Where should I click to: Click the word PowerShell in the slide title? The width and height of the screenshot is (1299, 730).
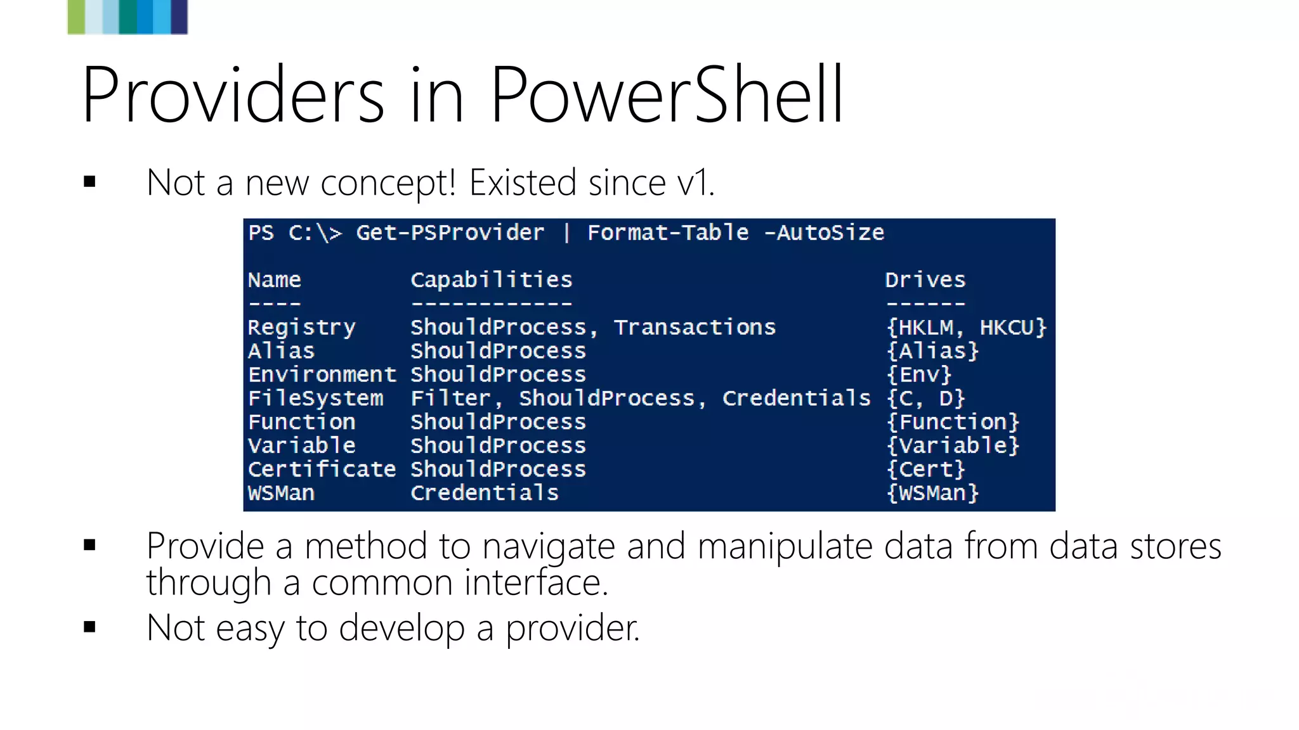pos(666,95)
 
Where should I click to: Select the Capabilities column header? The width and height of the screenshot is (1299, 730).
pos(491,280)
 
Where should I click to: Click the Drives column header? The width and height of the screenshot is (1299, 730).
pos(925,280)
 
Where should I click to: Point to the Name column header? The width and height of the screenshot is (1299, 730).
pos(274,280)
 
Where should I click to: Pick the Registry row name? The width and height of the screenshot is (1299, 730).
pos(301,328)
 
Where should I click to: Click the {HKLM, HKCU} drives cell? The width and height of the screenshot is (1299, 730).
pos(965,328)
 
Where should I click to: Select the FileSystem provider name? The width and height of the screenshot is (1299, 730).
pos(315,399)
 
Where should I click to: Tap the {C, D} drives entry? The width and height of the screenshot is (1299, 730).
pos(925,399)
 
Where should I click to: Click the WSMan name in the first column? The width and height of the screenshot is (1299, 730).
pos(281,493)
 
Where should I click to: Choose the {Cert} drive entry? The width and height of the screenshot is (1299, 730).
pos(925,470)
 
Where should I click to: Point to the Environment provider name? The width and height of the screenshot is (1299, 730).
pos(322,375)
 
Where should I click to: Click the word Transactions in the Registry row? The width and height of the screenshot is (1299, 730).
pos(694,328)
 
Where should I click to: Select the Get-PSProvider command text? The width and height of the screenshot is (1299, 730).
pos(450,233)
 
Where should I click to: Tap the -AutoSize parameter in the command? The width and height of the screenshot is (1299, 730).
pos(824,233)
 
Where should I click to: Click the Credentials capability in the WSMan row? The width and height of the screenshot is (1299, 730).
pos(485,493)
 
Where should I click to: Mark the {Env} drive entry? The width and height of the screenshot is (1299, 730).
pos(919,375)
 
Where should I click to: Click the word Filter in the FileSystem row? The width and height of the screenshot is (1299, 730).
pos(450,399)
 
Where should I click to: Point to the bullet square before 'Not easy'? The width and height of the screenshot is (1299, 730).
pos(89,627)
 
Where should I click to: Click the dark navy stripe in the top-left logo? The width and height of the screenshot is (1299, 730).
pos(180,16)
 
